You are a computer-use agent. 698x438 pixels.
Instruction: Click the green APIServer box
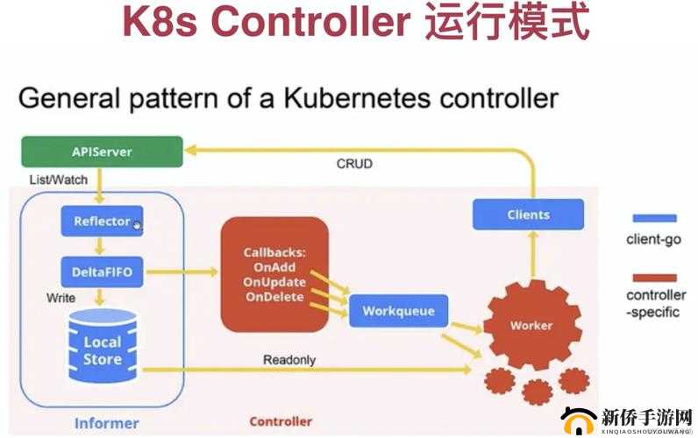(102, 152)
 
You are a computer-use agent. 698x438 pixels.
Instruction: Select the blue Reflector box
(101, 221)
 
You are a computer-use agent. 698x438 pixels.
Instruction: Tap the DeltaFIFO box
(101, 272)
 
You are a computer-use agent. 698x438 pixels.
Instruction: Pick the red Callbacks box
(274, 273)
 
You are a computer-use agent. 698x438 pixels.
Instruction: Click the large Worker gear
(531, 325)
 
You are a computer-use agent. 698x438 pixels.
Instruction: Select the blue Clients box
(528, 215)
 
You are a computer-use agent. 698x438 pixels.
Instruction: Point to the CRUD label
(354, 164)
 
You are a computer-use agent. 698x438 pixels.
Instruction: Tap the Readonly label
(288, 360)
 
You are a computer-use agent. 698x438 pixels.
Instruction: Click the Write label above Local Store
(61, 298)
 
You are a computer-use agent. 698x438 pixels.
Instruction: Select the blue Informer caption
(106, 423)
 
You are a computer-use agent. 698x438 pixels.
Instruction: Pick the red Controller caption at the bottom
(281, 421)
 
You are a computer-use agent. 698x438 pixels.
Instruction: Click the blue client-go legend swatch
(654, 218)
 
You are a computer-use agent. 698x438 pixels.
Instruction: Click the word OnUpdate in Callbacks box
(274, 282)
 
